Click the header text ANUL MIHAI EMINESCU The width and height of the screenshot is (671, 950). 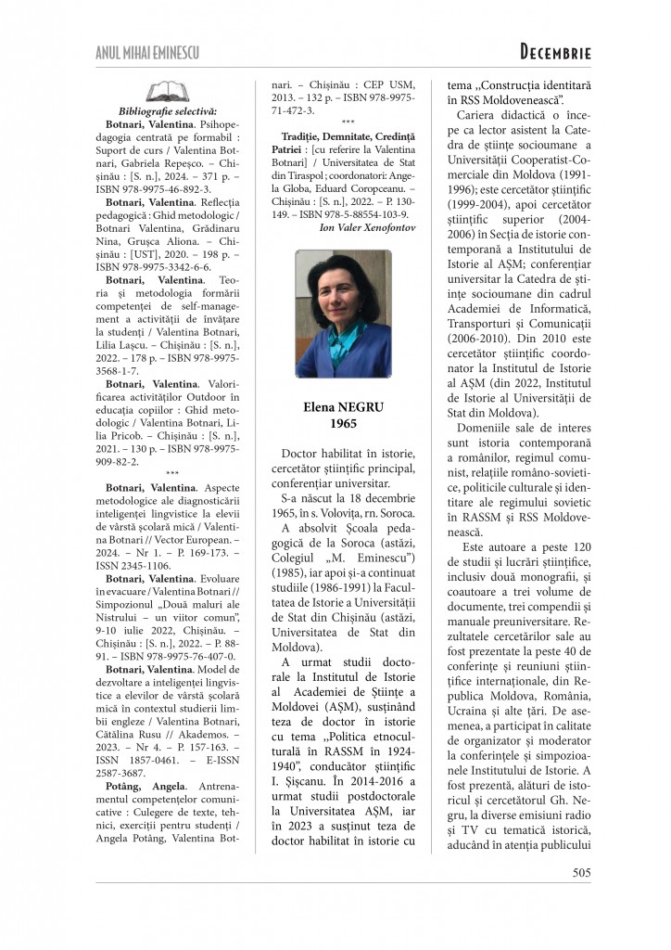pos(147,52)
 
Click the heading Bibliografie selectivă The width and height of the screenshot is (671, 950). pos(168,111)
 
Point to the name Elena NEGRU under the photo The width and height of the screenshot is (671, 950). pos(331,407)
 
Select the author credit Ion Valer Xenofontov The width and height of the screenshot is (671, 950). pos(366,227)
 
